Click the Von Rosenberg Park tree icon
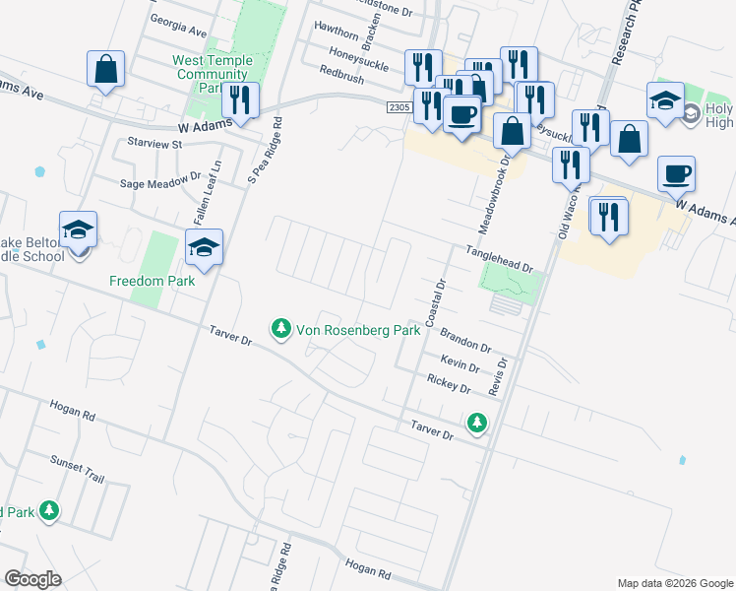tap(281, 327)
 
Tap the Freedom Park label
tap(152, 281)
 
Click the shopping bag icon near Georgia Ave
tap(105, 70)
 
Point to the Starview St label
tap(149, 143)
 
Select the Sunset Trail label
tap(77, 468)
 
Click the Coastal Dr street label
tap(434, 302)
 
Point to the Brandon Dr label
tap(465, 340)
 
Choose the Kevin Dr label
tap(460, 363)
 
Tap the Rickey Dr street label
tap(450, 383)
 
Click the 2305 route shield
tap(398, 106)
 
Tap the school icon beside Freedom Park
tap(204, 248)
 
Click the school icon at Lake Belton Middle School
tap(78, 230)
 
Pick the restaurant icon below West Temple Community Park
tap(240, 100)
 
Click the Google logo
tap(32, 579)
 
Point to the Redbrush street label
tap(341, 71)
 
